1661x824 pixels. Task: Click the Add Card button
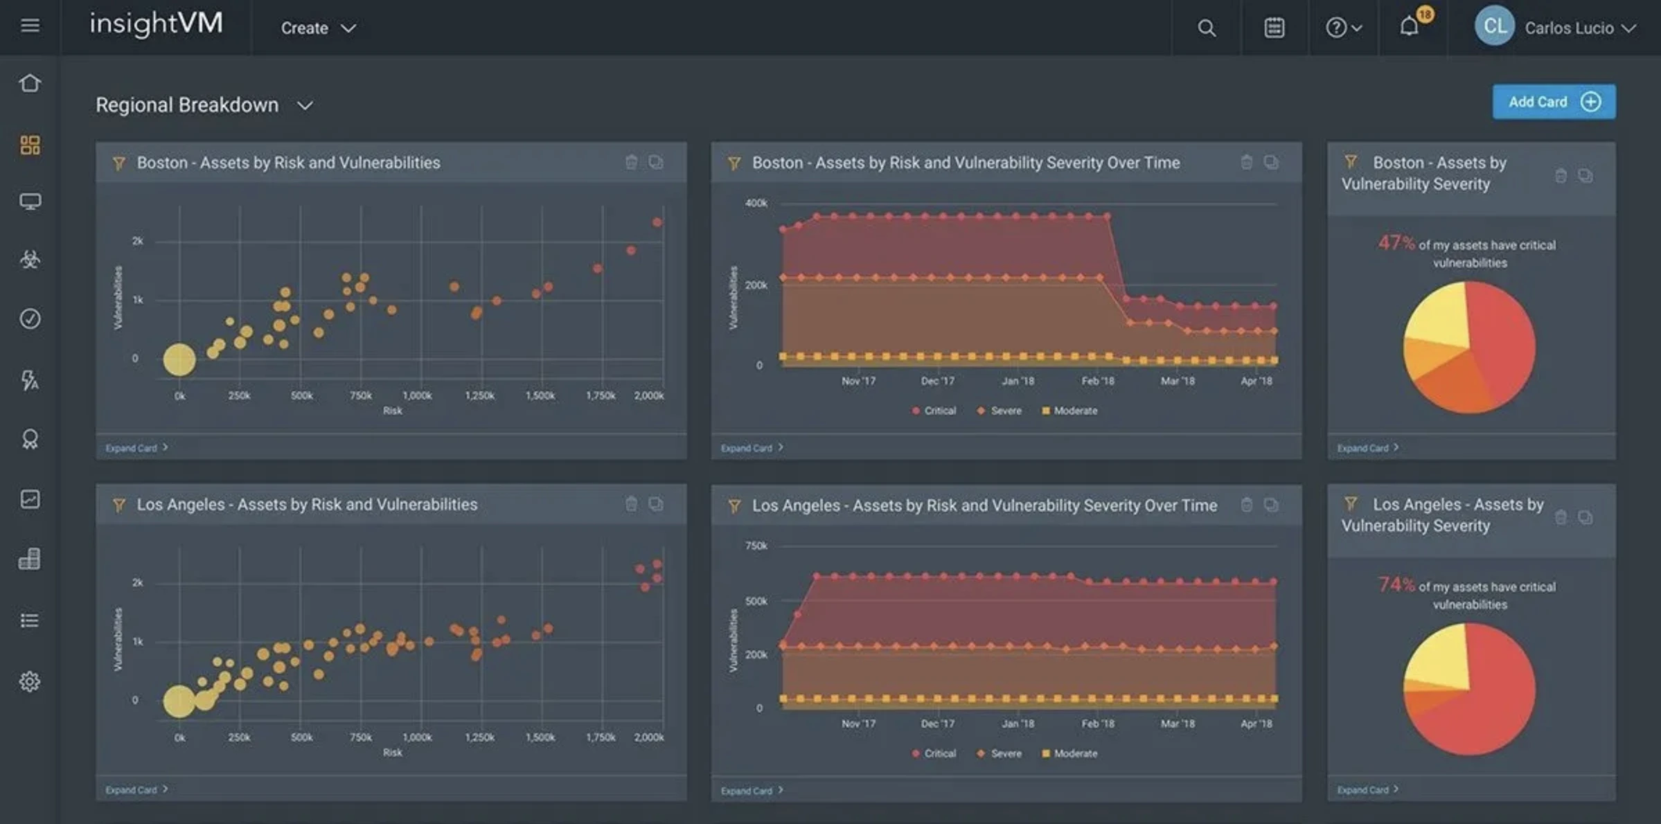[x=1553, y=102]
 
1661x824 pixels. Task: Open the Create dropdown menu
[x=318, y=28]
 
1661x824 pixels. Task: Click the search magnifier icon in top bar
[x=1206, y=28]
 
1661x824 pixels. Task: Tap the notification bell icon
[x=1409, y=27]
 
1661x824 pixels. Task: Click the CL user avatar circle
[x=1493, y=26]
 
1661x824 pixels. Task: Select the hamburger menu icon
[x=30, y=26]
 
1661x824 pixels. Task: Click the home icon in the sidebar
[x=30, y=83]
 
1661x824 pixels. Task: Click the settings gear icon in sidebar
[x=30, y=681]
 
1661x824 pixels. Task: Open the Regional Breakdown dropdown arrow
[x=305, y=105]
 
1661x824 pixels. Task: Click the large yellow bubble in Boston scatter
[x=179, y=359]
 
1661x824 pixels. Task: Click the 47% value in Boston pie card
[x=1396, y=243]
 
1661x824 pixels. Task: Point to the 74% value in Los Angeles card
[x=1396, y=584]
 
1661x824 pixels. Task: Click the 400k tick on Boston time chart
[x=756, y=203]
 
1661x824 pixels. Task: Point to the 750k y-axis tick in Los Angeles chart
[x=756, y=546]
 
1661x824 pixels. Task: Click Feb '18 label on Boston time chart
[x=1098, y=381]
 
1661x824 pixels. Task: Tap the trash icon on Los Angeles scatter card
[x=631, y=504]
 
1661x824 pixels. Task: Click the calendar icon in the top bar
[x=1274, y=28]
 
